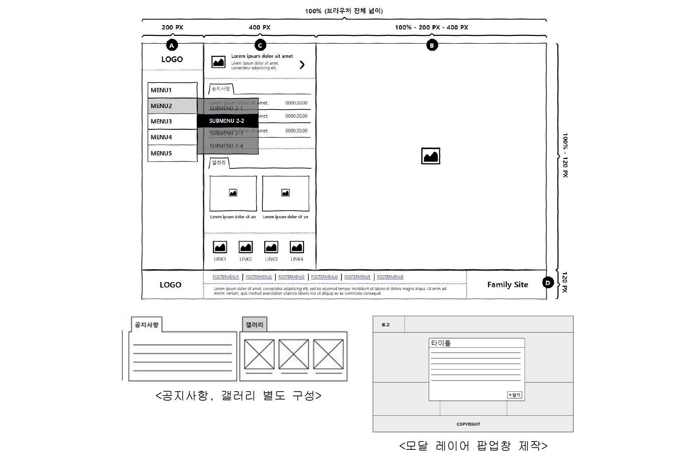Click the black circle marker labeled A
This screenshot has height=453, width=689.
[172, 46]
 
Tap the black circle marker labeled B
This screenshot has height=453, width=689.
[432, 46]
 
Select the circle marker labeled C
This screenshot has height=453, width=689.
[260, 45]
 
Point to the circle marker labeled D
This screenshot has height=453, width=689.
[548, 283]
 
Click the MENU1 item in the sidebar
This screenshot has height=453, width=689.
[172, 90]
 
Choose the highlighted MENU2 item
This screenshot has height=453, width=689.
[172, 106]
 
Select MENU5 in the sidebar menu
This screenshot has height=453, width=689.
[172, 153]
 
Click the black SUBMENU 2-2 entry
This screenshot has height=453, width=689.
[227, 121]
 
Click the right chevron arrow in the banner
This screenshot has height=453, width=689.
[302, 65]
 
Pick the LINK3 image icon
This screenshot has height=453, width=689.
[271, 247]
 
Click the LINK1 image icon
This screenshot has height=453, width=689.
[220, 247]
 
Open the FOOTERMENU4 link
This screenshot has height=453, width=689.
[324, 277]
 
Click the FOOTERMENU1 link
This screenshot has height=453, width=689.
[226, 277]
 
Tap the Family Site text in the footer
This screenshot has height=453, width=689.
[507, 285]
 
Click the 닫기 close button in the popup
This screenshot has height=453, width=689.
[515, 395]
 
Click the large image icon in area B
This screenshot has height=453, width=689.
[431, 156]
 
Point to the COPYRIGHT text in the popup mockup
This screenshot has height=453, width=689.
[468, 424]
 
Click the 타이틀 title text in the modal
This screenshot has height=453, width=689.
[441, 343]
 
